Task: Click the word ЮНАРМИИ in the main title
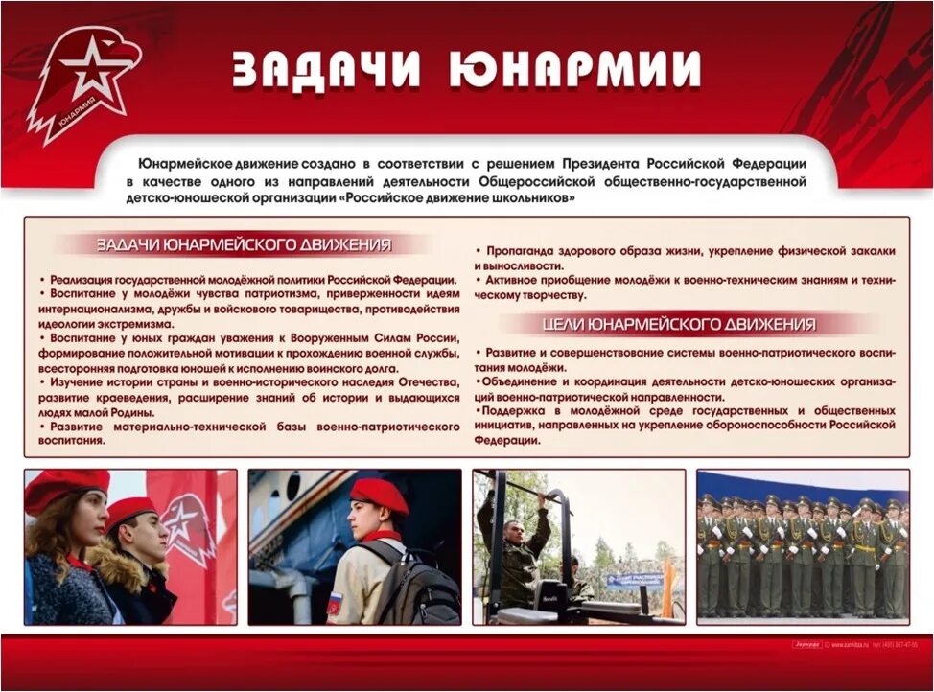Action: tap(574, 69)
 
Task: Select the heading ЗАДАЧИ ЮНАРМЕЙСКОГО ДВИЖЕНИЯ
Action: tap(244, 245)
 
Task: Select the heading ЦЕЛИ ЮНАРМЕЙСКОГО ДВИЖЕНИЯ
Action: tap(679, 324)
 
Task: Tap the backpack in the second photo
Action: tap(423, 585)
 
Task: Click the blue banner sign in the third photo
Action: tap(633, 579)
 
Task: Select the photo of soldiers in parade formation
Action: tap(802, 546)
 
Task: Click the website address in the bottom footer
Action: tap(852, 644)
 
